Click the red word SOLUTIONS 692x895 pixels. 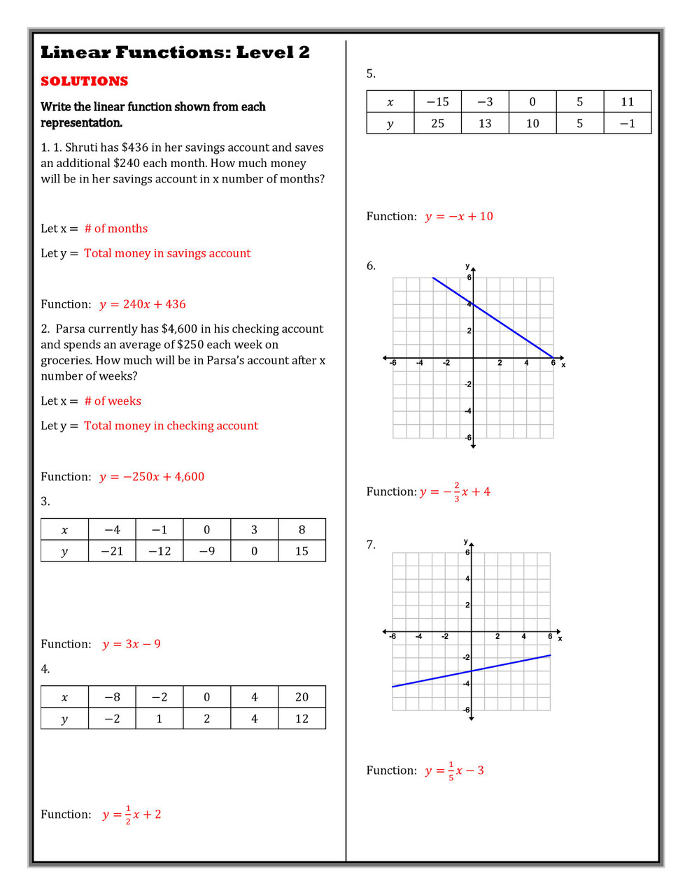84,81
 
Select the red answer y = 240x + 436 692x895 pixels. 143,304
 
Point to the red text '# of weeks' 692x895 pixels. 113,401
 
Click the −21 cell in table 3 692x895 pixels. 112,551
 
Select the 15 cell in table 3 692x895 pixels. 302,551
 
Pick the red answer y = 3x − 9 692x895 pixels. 132,644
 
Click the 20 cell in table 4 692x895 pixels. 302,697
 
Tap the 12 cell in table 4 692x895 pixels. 302,719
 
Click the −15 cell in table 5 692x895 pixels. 437,101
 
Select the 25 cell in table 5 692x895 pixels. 437,123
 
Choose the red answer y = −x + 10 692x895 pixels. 459,217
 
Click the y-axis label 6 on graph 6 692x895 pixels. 469,278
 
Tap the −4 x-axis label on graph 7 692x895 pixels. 418,636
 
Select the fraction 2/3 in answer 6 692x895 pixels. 457,492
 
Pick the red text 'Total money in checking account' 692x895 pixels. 171,426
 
